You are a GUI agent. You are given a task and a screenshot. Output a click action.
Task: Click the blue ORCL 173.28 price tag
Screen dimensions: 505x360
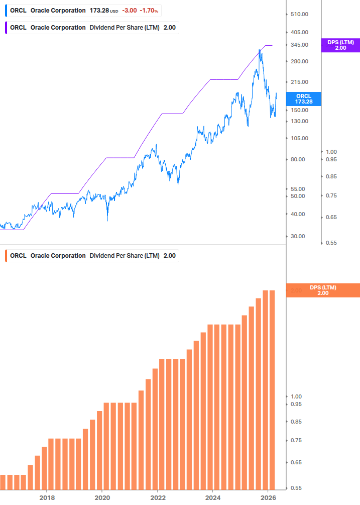click(x=304, y=98)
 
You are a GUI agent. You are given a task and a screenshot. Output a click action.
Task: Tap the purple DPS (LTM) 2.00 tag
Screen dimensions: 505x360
click(x=340, y=45)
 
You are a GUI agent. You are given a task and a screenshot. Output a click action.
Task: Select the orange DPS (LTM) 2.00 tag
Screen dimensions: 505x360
click(x=323, y=290)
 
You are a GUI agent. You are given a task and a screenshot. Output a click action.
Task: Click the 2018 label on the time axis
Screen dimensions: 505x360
click(x=47, y=497)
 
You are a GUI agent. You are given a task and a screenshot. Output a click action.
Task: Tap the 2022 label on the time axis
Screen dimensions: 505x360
click(x=158, y=497)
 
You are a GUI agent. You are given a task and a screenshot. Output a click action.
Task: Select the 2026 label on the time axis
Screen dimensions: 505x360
click(x=268, y=497)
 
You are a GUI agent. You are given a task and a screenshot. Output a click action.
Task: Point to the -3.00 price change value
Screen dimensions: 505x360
click(x=130, y=11)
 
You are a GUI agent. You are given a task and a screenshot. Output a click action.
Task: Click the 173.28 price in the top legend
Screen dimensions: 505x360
click(x=99, y=11)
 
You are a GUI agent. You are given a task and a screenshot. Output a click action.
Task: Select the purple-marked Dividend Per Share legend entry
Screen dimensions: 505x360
click(x=92, y=28)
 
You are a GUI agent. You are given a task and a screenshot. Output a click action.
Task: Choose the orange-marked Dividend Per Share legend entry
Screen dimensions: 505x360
click(x=92, y=256)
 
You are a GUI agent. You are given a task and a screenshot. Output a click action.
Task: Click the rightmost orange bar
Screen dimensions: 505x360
click(x=272, y=389)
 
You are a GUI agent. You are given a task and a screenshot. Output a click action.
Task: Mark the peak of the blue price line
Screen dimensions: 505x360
click(x=260, y=50)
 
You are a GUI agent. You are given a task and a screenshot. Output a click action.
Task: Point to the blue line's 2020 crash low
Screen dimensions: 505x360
click(x=107, y=220)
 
